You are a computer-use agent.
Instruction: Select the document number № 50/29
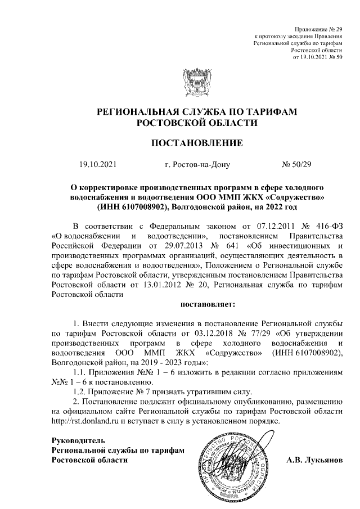pyautogui.click(x=299, y=165)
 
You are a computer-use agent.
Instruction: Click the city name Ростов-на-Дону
pyautogui.click(x=195, y=165)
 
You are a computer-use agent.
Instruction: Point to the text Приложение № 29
pyautogui.click(x=319, y=28)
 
